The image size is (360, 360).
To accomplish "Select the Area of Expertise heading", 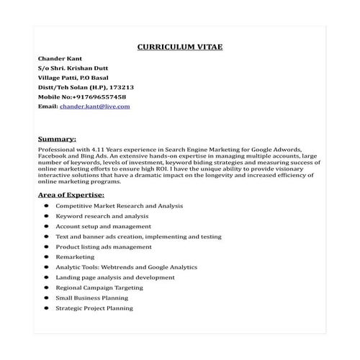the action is [x=71, y=194].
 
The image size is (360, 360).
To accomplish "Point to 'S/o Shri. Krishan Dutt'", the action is [x=71, y=67].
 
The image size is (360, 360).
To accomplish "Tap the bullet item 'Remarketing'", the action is [x=75, y=256].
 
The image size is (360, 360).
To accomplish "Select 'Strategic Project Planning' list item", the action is [x=94, y=307].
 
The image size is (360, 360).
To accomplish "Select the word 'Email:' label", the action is [x=48, y=107].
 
